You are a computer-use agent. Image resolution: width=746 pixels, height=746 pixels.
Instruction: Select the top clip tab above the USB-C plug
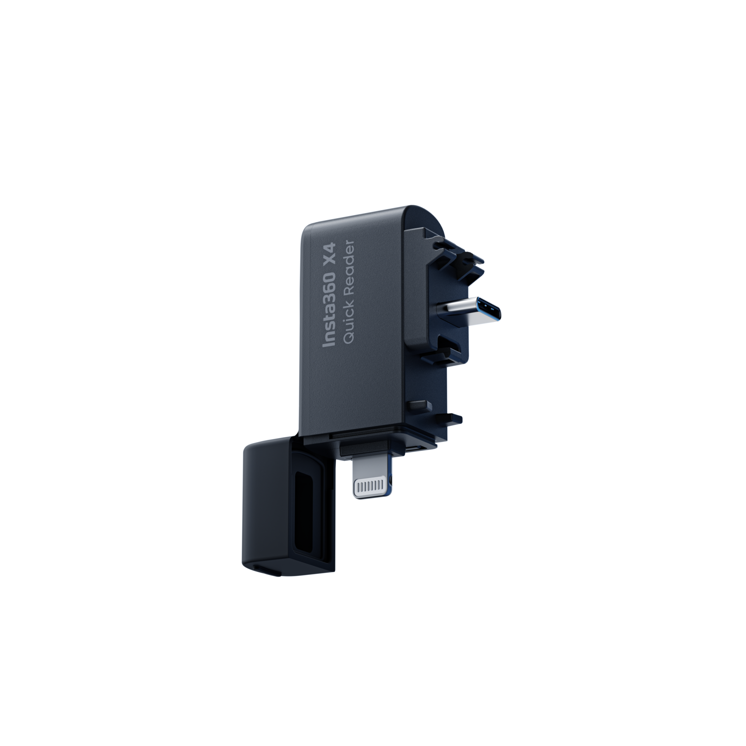tap(460, 253)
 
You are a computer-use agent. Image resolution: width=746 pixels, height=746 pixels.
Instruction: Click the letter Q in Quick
tap(349, 338)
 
